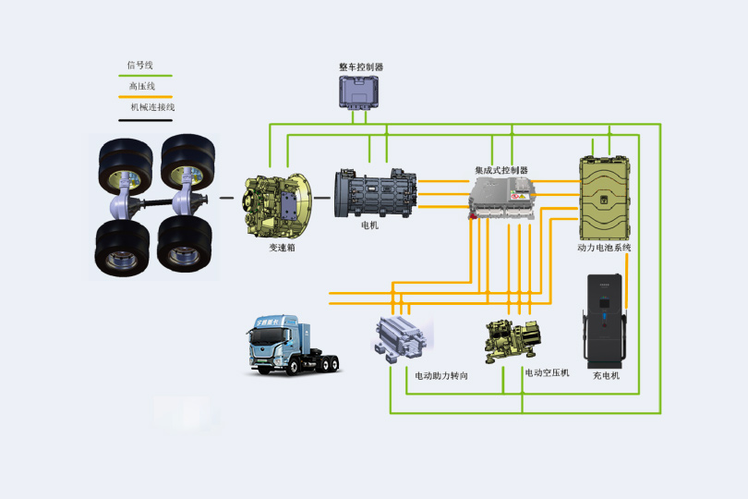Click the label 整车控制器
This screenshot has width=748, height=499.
(x=361, y=67)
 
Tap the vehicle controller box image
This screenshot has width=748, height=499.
(x=361, y=93)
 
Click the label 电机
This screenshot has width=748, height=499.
(x=370, y=225)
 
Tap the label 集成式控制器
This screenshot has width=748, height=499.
(x=501, y=171)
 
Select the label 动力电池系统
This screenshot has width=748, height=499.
(x=604, y=248)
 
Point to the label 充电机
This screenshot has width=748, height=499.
(x=607, y=376)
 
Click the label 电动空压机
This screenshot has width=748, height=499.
(x=548, y=372)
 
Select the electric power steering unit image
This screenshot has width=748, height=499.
(x=400, y=339)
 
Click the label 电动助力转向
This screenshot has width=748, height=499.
(x=440, y=376)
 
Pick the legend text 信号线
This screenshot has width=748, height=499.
(x=139, y=66)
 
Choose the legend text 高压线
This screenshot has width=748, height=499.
(x=141, y=86)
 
